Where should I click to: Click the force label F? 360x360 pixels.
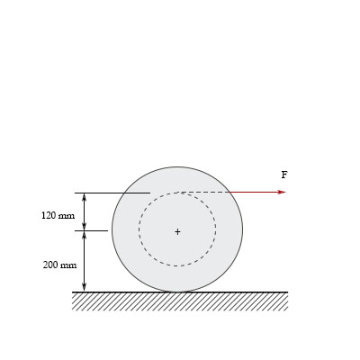[x=284, y=175]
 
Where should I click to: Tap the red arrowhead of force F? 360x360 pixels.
[x=282, y=192]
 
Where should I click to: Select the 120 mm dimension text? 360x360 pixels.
[x=58, y=216]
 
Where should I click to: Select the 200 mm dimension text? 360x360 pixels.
[x=59, y=265]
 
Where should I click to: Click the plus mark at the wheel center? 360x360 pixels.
[x=177, y=231]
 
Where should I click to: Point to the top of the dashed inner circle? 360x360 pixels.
[x=177, y=193]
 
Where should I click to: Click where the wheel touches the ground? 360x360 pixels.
[x=177, y=292]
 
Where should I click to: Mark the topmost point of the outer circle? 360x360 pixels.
[x=177, y=166]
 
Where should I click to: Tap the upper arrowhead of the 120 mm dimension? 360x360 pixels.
[x=85, y=196]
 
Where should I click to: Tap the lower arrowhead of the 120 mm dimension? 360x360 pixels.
[x=85, y=227]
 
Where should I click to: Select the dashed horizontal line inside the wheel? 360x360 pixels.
[x=205, y=192]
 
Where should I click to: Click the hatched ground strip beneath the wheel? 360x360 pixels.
[x=180, y=301]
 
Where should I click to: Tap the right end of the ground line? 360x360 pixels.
[x=287, y=292]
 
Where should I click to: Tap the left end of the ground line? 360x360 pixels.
[x=73, y=292]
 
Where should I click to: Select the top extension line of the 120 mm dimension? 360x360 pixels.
[x=112, y=193]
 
